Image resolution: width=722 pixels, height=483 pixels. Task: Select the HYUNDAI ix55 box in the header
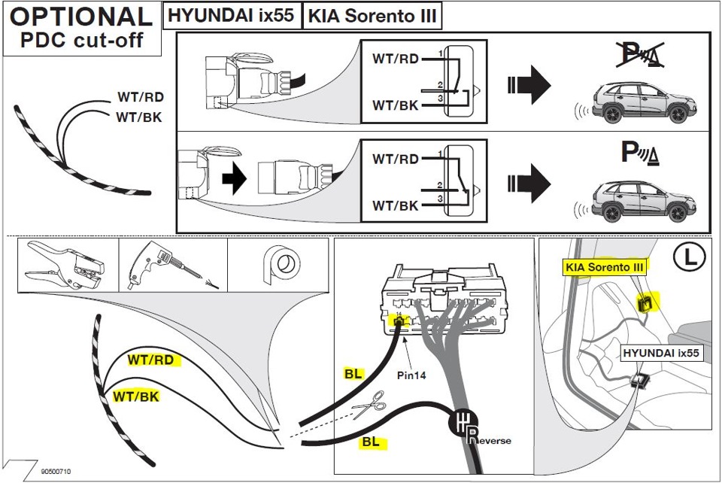231,15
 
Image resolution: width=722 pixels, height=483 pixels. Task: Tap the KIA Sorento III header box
372,15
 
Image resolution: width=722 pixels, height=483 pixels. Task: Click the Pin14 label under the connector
411,375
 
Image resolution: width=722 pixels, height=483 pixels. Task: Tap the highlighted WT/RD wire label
150,360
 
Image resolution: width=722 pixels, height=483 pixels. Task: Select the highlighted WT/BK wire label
135,396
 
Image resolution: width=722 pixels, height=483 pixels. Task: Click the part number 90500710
57,472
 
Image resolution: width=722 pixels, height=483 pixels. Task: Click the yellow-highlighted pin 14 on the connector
399,322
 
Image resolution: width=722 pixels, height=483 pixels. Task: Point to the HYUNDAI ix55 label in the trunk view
661,353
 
